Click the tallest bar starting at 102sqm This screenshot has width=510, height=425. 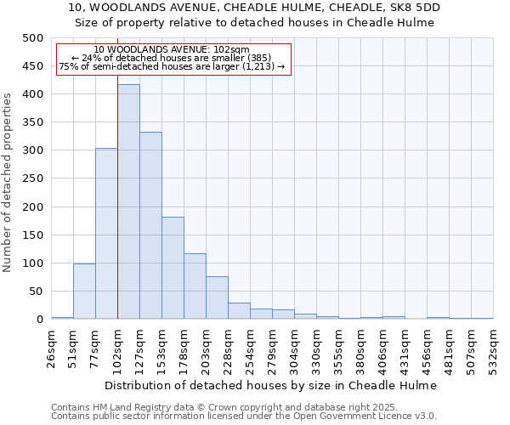click(x=128, y=201)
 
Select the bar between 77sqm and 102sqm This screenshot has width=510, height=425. click(x=106, y=234)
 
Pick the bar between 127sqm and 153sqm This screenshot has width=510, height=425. click(x=150, y=225)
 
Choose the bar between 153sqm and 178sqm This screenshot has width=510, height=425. click(x=173, y=268)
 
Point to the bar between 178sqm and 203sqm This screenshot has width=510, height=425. click(x=195, y=286)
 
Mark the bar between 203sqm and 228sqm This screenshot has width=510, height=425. click(x=217, y=297)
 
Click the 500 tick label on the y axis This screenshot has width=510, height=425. click(x=32, y=38)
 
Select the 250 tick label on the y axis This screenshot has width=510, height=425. click(x=32, y=178)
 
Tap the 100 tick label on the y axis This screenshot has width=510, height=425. click(x=32, y=263)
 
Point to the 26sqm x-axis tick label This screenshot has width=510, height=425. click(x=52, y=349)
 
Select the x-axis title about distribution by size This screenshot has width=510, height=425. click(x=272, y=385)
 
